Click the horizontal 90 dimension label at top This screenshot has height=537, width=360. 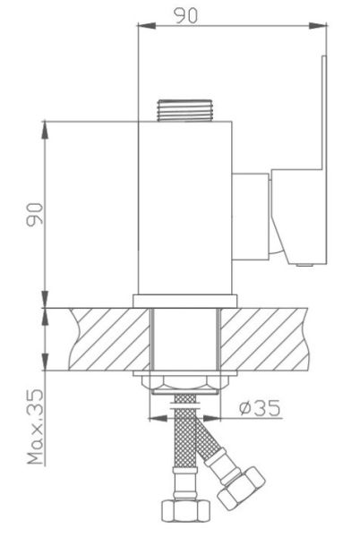click(186, 15)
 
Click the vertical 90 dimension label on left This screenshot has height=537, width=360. click(35, 215)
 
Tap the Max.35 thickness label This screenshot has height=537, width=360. click(36, 426)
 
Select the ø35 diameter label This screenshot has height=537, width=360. click(260, 407)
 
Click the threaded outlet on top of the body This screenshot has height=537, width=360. click(184, 110)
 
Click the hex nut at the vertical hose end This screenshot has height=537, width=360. click(185, 511)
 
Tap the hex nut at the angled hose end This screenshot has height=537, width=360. click(241, 488)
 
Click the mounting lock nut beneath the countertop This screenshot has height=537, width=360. click(185, 384)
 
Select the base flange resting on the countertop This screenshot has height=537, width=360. click(185, 301)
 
